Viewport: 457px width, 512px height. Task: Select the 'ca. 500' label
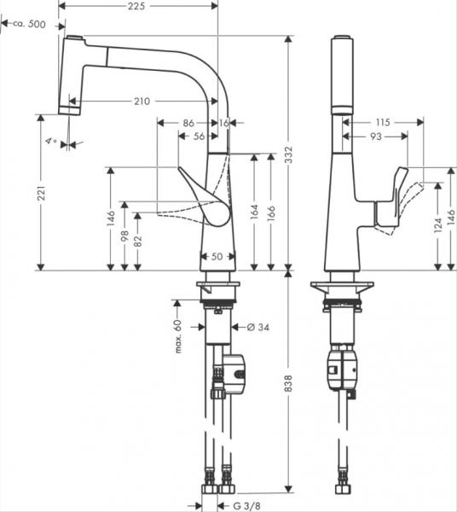(x=26, y=24)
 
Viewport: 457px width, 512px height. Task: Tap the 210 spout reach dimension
(x=142, y=102)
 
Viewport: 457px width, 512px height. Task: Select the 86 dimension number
(x=190, y=124)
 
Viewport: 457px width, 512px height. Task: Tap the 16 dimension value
(x=224, y=124)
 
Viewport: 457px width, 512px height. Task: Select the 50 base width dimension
(x=217, y=256)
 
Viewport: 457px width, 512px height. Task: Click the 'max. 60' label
(x=179, y=336)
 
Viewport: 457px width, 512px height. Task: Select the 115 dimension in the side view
(x=381, y=123)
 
